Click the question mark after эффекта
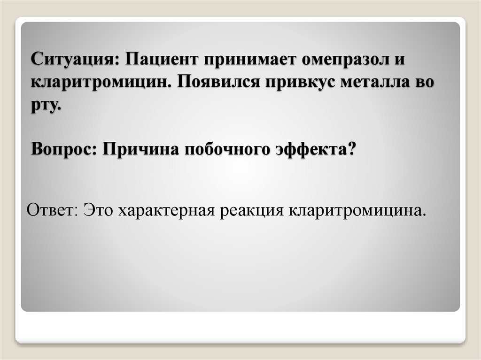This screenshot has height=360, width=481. [x=351, y=150]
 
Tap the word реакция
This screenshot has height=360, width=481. [x=251, y=210]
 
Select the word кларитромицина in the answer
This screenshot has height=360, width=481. [x=357, y=210]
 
